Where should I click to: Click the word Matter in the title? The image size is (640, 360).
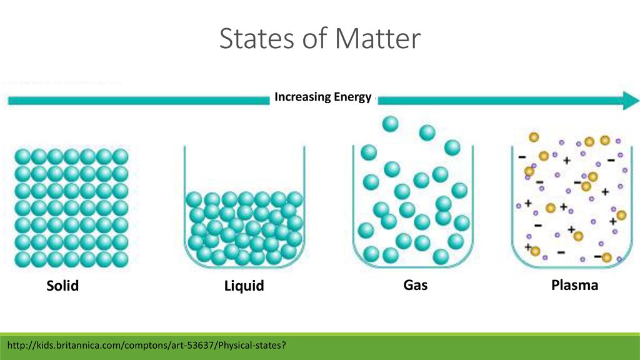(x=377, y=38)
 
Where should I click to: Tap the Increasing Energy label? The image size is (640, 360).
(x=323, y=97)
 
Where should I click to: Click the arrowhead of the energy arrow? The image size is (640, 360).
(x=631, y=101)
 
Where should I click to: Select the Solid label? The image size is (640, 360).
(x=62, y=285)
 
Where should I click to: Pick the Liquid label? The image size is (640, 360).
(x=244, y=286)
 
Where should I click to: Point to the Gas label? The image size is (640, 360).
(x=416, y=284)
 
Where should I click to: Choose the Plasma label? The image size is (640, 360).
(x=575, y=285)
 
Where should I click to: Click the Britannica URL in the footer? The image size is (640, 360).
(x=146, y=345)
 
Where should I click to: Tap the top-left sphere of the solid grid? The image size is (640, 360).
(x=23, y=157)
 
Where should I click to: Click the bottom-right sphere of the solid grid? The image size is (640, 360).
(x=120, y=259)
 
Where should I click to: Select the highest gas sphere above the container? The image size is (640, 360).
(x=390, y=124)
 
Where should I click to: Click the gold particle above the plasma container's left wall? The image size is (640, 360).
(x=534, y=137)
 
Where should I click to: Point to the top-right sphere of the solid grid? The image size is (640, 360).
(x=120, y=157)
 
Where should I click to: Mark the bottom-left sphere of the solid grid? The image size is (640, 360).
(x=23, y=259)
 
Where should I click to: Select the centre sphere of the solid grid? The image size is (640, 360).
(x=71, y=208)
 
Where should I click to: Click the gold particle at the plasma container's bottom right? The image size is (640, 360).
(x=606, y=257)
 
